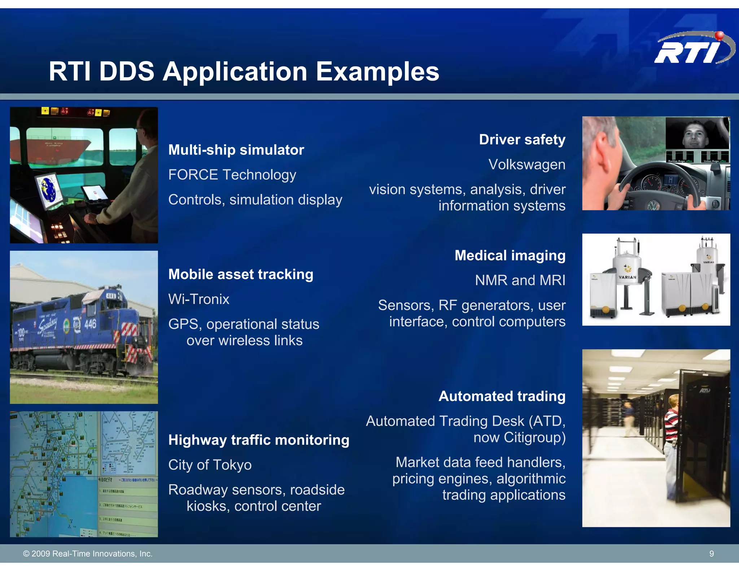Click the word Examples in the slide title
click(377, 71)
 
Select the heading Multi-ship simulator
click(236, 150)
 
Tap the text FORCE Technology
click(232, 175)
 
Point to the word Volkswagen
click(526, 165)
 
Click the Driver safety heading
click(522, 140)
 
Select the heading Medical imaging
click(510, 256)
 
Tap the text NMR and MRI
click(520, 280)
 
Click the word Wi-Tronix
click(198, 299)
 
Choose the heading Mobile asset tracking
click(241, 274)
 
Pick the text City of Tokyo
click(210, 465)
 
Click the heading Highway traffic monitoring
click(259, 440)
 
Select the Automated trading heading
click(502, 396)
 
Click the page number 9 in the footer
click(711, 554)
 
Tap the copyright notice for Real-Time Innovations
click(88, 554)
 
